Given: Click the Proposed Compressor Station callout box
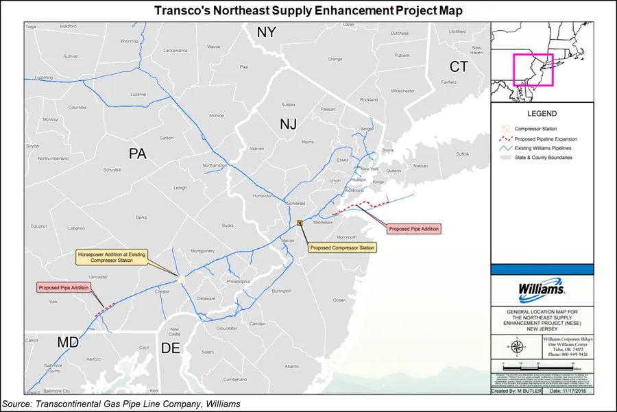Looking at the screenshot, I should [342, 247].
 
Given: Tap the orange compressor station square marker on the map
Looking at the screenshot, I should [300, 223].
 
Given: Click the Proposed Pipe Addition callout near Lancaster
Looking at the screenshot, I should [63, 288].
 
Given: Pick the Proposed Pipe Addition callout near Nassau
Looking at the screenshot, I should [413, 228].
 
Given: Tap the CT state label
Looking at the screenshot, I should [458, 66].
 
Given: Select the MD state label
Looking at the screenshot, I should [69, 341].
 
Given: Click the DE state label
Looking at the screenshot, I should [170, 348].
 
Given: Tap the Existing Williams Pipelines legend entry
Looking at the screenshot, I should [546, 147].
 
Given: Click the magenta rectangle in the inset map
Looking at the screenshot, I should [533, 69].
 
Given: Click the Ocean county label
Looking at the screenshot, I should [339, 300].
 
